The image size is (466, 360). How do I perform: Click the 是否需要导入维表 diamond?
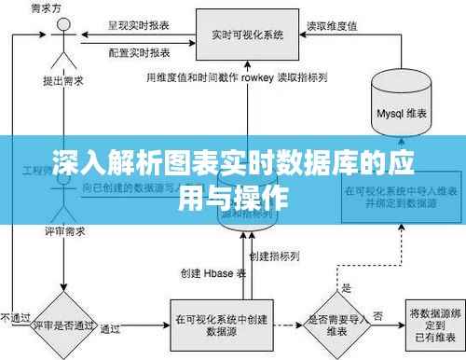click(335, 325)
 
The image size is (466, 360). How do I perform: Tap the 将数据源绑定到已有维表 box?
click(432, 324)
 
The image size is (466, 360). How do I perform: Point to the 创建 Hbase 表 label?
click(213, 273)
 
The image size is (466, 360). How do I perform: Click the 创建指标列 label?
click(275, 254)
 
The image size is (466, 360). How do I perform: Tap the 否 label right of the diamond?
click(377, 315)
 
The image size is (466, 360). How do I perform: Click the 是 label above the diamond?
click(346, 287)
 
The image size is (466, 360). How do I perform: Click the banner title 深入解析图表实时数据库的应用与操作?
click(233, 181)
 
